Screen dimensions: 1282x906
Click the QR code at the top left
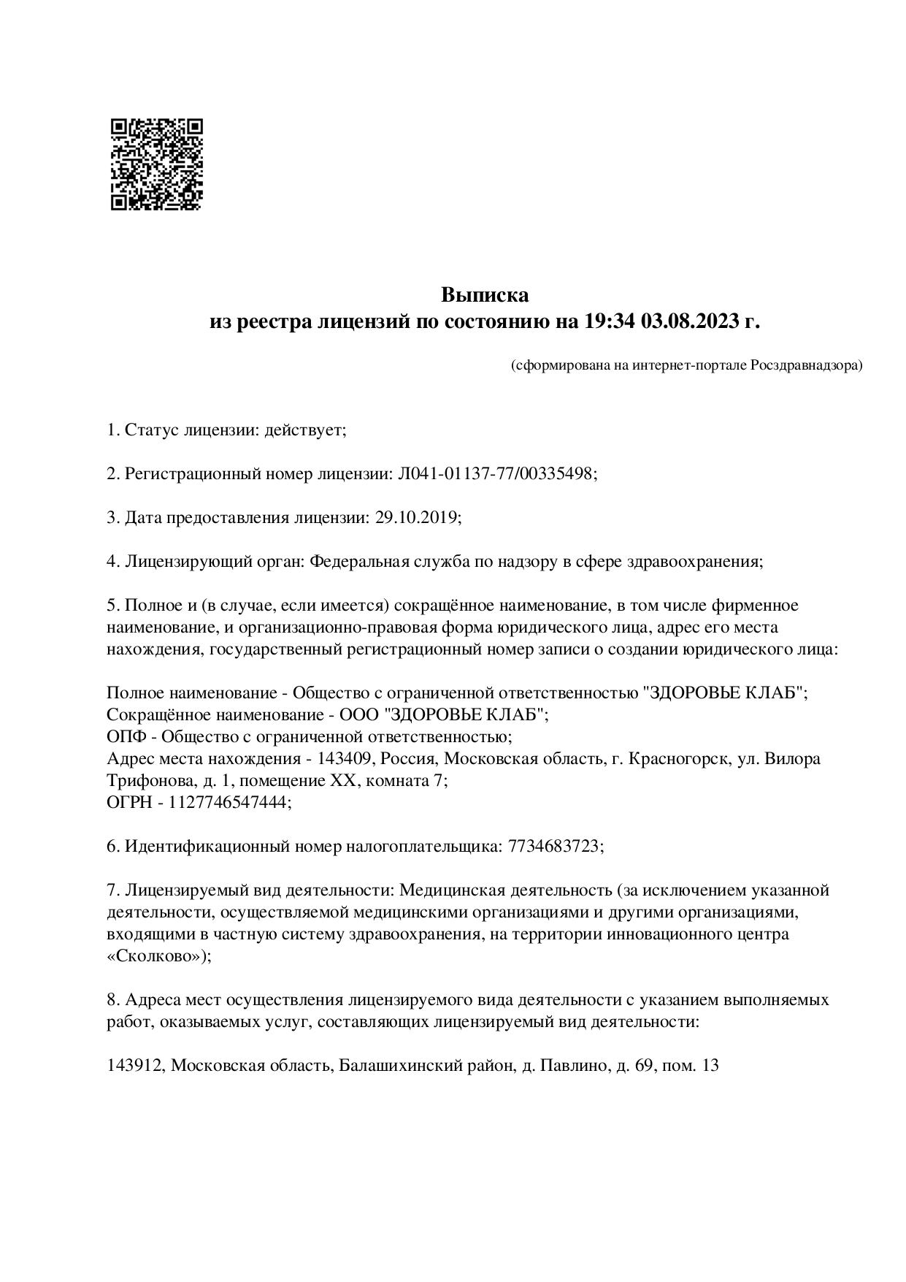tap(157, 164)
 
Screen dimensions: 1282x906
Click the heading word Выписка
tap(484, 295)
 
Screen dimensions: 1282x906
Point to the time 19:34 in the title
tap(609, 321)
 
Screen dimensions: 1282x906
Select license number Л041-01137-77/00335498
tap(496, 474)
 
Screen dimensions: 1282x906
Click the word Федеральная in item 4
tap(358, 562)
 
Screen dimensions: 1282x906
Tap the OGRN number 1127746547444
tap(229, 802)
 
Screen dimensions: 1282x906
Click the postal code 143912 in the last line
tap(136, 1066)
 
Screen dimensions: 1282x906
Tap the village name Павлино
tap(570, 1066)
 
